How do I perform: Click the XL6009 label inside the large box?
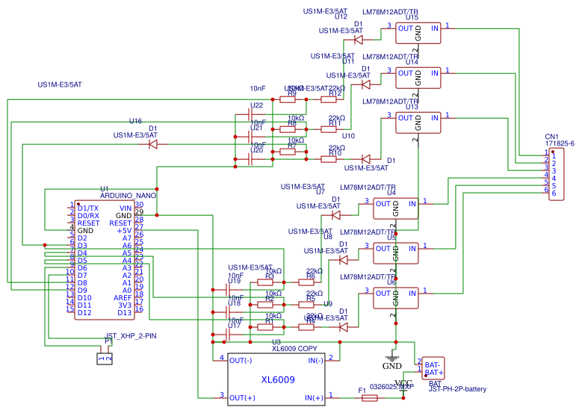pos(278,380)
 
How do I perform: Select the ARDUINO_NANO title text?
pos(128,195)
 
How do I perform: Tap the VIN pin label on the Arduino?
pos(125,208)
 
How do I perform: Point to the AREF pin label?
pos(123,297)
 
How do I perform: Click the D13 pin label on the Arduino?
pos(124,313)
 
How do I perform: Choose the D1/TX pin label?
pos(88,208)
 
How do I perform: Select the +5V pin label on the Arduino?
pos(123,231)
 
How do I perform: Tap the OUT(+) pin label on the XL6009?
pos(242,397)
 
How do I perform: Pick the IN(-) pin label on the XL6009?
pos(315,361)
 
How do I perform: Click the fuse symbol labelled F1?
pos(369,399)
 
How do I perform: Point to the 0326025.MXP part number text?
pos(391,387)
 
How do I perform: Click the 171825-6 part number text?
pos(560,143)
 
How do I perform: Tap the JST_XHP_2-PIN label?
pos(131,336)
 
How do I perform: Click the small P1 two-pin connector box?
pos(106,359)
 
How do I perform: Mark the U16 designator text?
pos(135,121)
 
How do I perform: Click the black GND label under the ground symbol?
pos(391,366)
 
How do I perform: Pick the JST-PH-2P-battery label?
pos(457,388)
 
